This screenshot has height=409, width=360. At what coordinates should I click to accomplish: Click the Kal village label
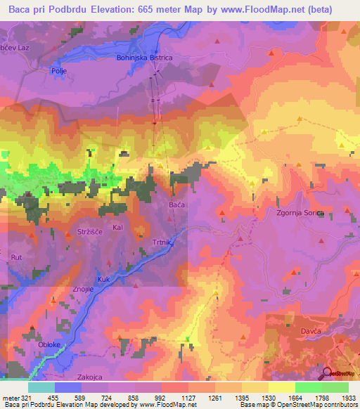pyautogui.click(x=118, y=228)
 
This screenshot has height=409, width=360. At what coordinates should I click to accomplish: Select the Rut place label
pyautogui.click(x=17, y=258)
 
